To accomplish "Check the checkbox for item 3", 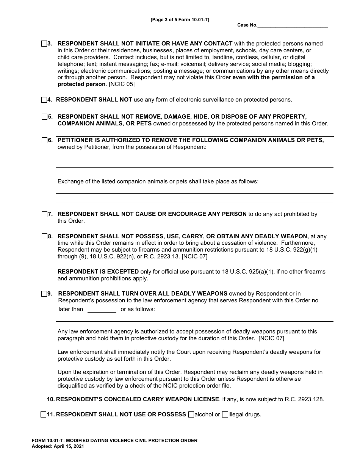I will [x=44, y=44].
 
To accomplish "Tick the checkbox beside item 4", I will [x=44, y=100].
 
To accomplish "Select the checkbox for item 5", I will [x=44, y=117].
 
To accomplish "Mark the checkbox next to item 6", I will [x=44, y=140].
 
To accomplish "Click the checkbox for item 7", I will [x=44, y=214].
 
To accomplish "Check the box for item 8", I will [x=44, y=236].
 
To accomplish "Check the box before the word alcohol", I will [x=191, y=414].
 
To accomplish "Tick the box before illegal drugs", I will [x=225, y=414].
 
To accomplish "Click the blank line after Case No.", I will [x=293, y=25].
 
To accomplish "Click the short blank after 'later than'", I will [x=102, y=310].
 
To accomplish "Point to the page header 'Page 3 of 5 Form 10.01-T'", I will [x=180, y=20].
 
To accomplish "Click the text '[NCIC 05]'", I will [x=121, y=84].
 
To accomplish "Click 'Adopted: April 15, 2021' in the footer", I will [x=58, y=446].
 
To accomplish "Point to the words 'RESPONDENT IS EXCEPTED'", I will [x=98, y=272].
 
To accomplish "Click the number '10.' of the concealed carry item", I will [x=51, y=399].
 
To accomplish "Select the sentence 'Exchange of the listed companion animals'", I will [x=158, y=181].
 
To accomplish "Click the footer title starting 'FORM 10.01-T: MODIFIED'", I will [x=114, y=440].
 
